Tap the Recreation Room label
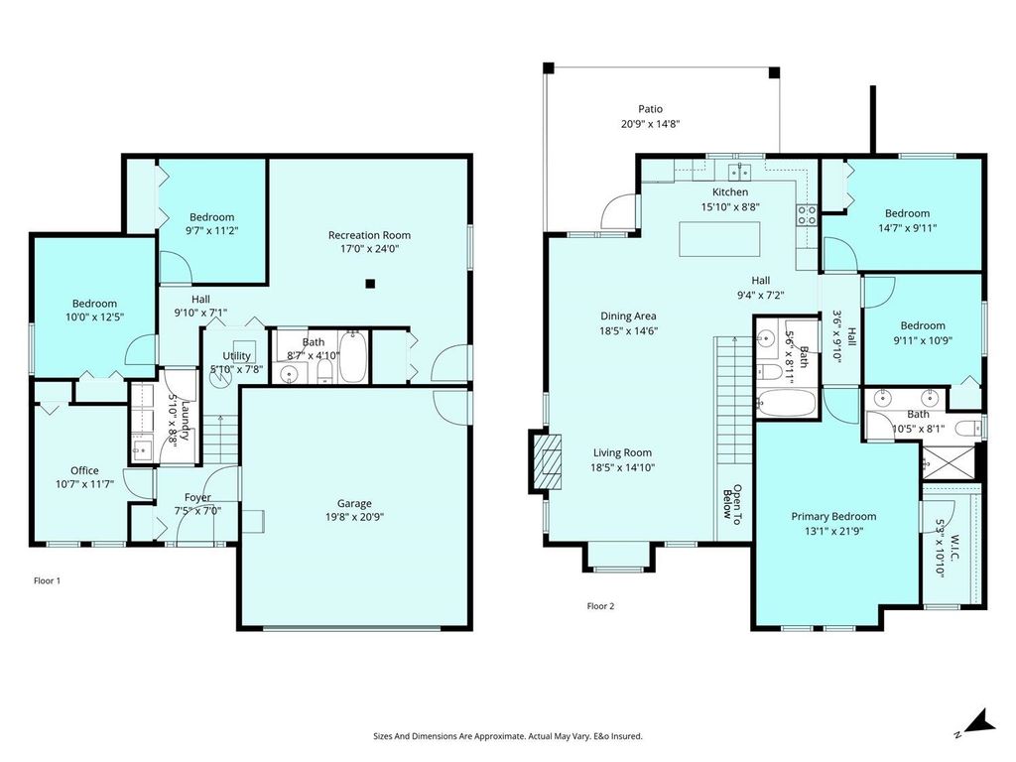[369, 235]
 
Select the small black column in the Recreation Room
[369, 284]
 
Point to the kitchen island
[720, 240]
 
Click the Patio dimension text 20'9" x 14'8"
[650, 125]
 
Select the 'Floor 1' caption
[48, 580]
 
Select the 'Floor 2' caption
[600, 605]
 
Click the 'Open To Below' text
[732, 504]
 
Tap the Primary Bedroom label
[833, 516]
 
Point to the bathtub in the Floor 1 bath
[354, 358]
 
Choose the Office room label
[84, 470]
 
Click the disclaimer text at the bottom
[507, 736]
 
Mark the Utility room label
[236, 355]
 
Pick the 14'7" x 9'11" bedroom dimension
[907, 227]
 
